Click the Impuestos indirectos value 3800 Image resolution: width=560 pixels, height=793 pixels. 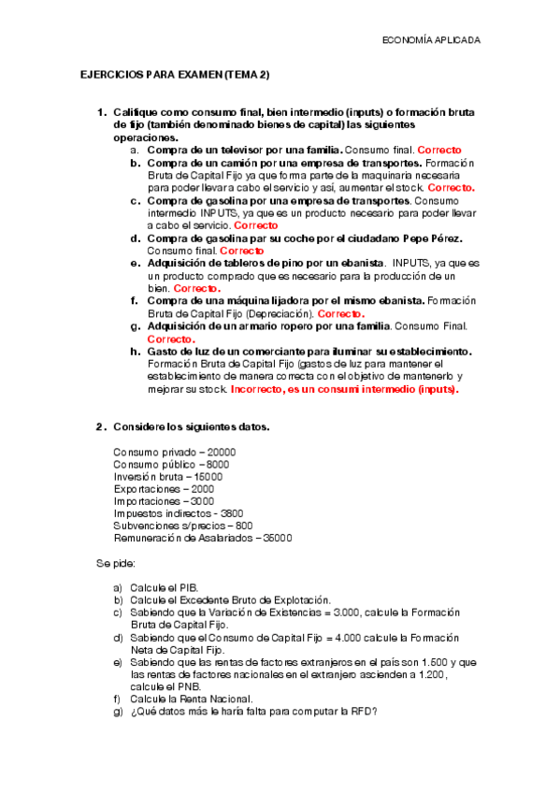point(229,513)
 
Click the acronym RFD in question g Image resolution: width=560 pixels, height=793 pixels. point(362,711)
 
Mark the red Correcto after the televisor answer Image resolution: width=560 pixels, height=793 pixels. point(439,150)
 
